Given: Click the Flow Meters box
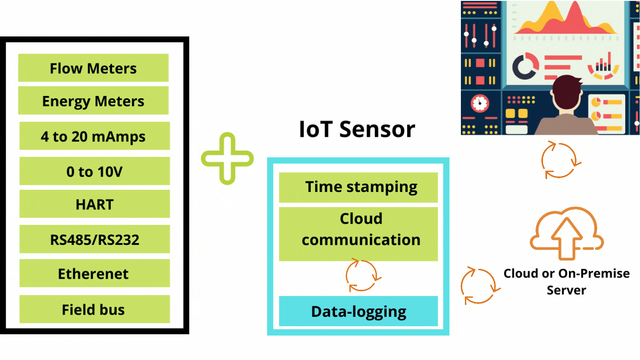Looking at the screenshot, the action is coord(93,68).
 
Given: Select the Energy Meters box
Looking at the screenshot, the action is coord(93,100).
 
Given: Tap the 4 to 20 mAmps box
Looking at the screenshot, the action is coord(95,136).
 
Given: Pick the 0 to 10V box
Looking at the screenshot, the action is coord(95,171).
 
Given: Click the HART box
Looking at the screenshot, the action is coord(95,204).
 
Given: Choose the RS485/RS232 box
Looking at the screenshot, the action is coord(95,239).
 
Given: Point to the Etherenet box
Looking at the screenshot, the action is coord(95,273).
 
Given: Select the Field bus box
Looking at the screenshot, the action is coord(95,309).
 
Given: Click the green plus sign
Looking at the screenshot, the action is coord(228,159).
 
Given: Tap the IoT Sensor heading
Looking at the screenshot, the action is coord(357,129).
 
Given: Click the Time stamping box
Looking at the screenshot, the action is coord(358,188).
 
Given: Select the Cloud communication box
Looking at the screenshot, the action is coord(358,234).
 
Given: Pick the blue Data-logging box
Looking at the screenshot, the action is coord(358,311).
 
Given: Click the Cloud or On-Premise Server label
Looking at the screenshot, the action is coord(567,282).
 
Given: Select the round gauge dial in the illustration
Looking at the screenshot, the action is coord(480,103).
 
